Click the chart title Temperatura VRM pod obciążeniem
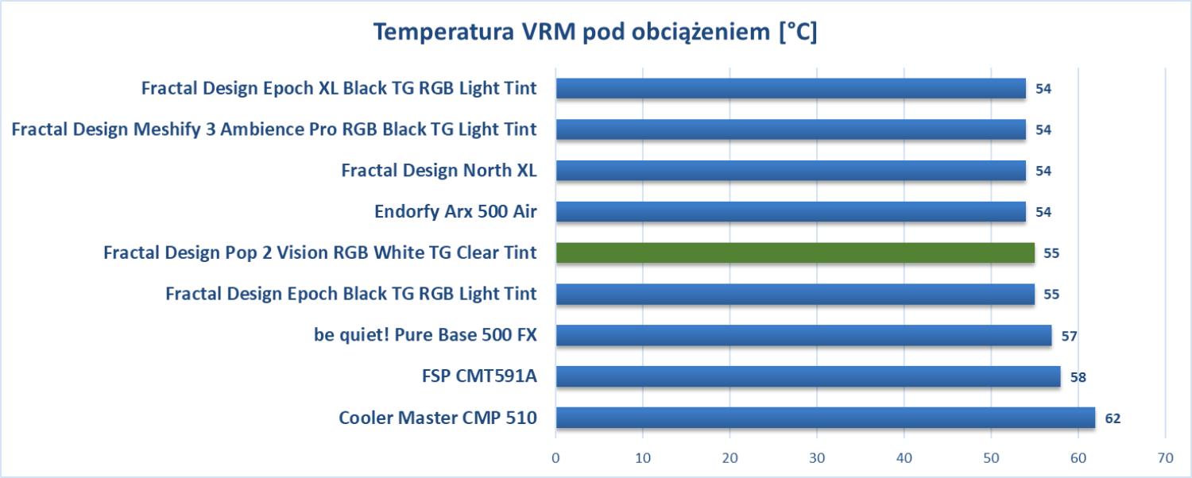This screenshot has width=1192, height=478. click(x=595, y=33)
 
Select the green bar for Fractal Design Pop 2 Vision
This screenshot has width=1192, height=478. click(x=795, y=252)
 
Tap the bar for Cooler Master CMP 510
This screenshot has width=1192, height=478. click(x=825, y=418)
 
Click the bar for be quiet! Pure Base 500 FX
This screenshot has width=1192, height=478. click(x=803, y=335)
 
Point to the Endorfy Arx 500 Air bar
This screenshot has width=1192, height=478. click(x=791, y=211)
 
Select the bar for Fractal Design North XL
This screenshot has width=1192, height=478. click(x=791, y=170)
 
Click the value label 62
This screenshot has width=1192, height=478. click(x=1113, y=418)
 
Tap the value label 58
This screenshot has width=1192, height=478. click(x=1078, y=377)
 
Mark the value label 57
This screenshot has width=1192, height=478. click(x=1070, y=336)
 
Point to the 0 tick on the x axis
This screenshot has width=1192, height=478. click(x=555, y=458)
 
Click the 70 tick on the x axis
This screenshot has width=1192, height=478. click(x=1165, y=458)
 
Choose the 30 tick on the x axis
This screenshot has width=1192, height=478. click(x=817, y=458)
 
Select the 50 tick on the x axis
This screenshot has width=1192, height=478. click(x=991, y=458)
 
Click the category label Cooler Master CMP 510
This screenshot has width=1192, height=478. click(x=437, y=418)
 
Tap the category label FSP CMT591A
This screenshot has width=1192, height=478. click(x=479, y=376)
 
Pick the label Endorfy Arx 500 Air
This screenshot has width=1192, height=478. click(x=455, y=211)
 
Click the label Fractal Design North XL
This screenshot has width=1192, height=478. click(x=439, y=170)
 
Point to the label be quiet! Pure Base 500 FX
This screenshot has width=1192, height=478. click(x=425, y=335)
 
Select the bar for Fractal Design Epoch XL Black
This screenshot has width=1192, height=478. click(x=791, y=87)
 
